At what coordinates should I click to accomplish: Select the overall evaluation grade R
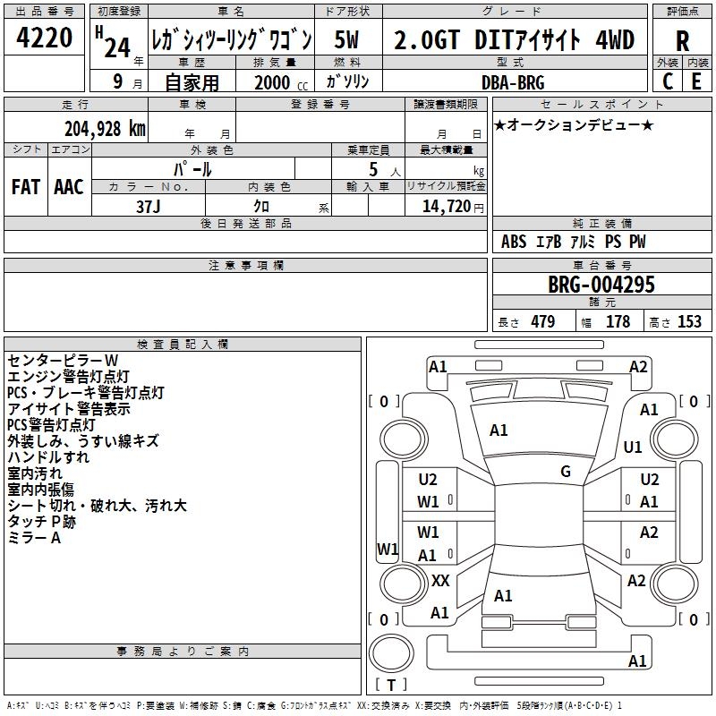coord(682,42)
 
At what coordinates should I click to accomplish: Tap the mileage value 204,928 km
coord(105,129)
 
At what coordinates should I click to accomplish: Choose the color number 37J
coord(149,206)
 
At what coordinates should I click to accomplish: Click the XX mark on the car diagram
coord(440,581)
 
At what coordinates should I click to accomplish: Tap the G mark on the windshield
coord(566,472)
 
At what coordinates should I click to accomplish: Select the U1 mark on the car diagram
coord(633,447)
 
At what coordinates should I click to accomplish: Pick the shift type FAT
coord(26,187)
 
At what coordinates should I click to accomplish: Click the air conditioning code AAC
coord(69,187)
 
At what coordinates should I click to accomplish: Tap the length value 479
coord(542,322)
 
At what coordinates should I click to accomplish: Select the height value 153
coord(689,322)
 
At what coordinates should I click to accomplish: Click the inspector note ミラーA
coord(34,538)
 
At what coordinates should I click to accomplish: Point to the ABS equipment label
coord(514,242)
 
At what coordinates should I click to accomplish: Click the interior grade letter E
coord(696,81)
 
